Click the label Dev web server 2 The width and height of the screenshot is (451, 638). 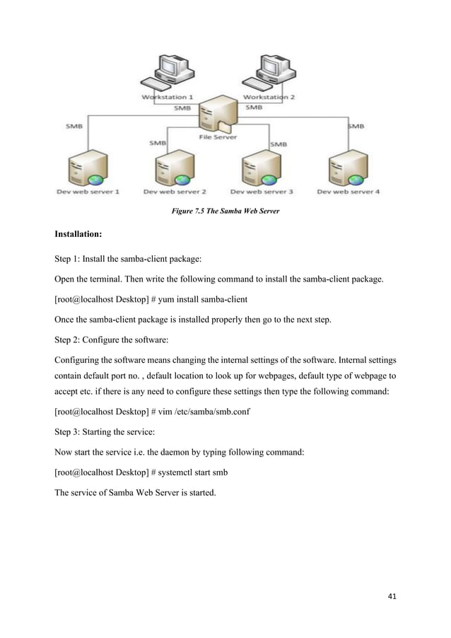175,191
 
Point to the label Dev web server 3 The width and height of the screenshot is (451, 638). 262,191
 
